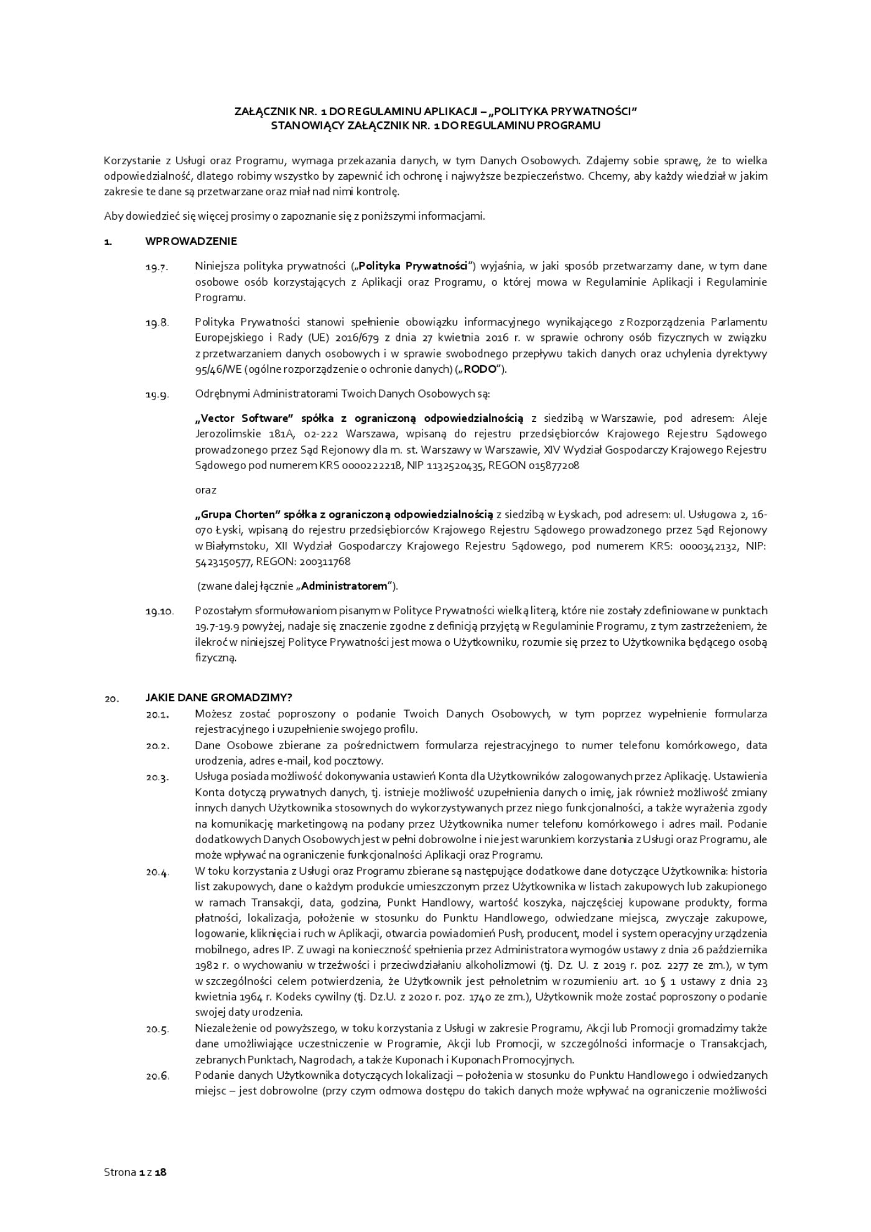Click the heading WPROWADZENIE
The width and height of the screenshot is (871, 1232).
191,241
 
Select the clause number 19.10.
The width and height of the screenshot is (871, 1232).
159,612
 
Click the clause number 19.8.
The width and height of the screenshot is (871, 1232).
157,323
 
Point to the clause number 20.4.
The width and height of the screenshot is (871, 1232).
157,872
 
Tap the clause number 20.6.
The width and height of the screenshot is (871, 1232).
157,1076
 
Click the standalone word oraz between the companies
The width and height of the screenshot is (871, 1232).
205,490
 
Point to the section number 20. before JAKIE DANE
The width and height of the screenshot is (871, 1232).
111,698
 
